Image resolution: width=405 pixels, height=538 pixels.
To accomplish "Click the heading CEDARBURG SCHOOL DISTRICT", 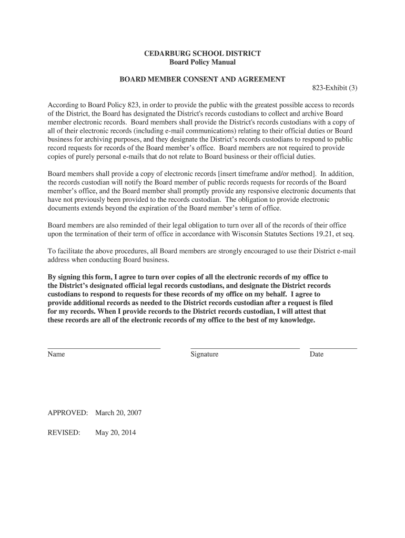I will point(202,54).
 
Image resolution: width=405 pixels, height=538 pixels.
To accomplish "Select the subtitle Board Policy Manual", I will point(202,63).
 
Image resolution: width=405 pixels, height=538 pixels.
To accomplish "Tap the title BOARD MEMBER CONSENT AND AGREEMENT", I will point(202,79).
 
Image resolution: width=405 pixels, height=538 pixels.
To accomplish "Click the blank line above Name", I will point(104,348).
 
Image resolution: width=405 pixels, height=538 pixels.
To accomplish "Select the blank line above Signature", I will point(245,348).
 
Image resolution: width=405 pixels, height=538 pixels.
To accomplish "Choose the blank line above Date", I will point(333,348).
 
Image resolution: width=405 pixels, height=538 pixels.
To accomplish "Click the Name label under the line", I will point(56,355).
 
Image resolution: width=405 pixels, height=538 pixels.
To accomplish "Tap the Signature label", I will point(205,355).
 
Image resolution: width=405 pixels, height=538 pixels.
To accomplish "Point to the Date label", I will point(317,355).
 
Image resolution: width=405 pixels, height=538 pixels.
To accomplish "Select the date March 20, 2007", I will point(118,413).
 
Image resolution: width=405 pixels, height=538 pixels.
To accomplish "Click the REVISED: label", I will point(64,433).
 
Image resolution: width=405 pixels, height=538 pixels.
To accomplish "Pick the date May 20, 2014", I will point(115,433).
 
